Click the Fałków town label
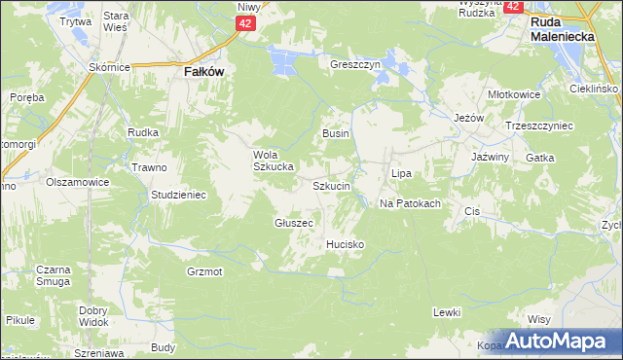(204, 71)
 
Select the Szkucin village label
(331, 185)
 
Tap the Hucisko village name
(346, 244)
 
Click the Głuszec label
(293, 223)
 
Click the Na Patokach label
(410, 203)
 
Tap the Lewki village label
(446, 312)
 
